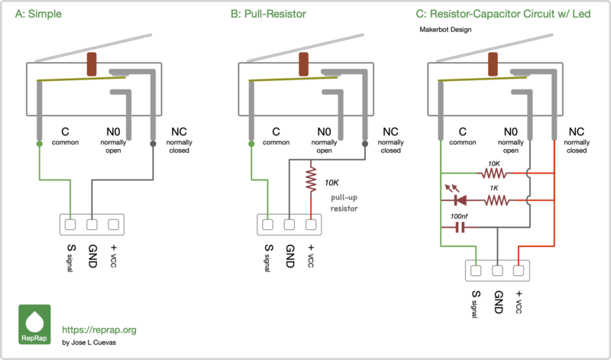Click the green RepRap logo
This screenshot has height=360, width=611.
pyautogui.click(x=34, y=324)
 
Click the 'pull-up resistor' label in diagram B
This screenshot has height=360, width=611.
pyautogui.click(x=344, y=203)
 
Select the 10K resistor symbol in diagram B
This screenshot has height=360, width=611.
pyautogui.click(x=311, y=180)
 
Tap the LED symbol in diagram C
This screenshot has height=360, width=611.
pyautogui.click(x=460, y=200)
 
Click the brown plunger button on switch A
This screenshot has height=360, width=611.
pyautogui.click(x=93, y=64)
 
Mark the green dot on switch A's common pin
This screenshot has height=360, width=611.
pyautogui.click(x=39, y=144)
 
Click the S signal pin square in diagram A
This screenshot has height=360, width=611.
pyautogui.click(x=71, y=225)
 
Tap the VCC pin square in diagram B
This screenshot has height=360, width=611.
pyautogui.click(x=311, y=225)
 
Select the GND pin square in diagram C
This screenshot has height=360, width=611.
pyautogui.click(x=498, y=269)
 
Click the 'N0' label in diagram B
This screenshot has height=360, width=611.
pyautogui.click(x=324, y=131)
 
